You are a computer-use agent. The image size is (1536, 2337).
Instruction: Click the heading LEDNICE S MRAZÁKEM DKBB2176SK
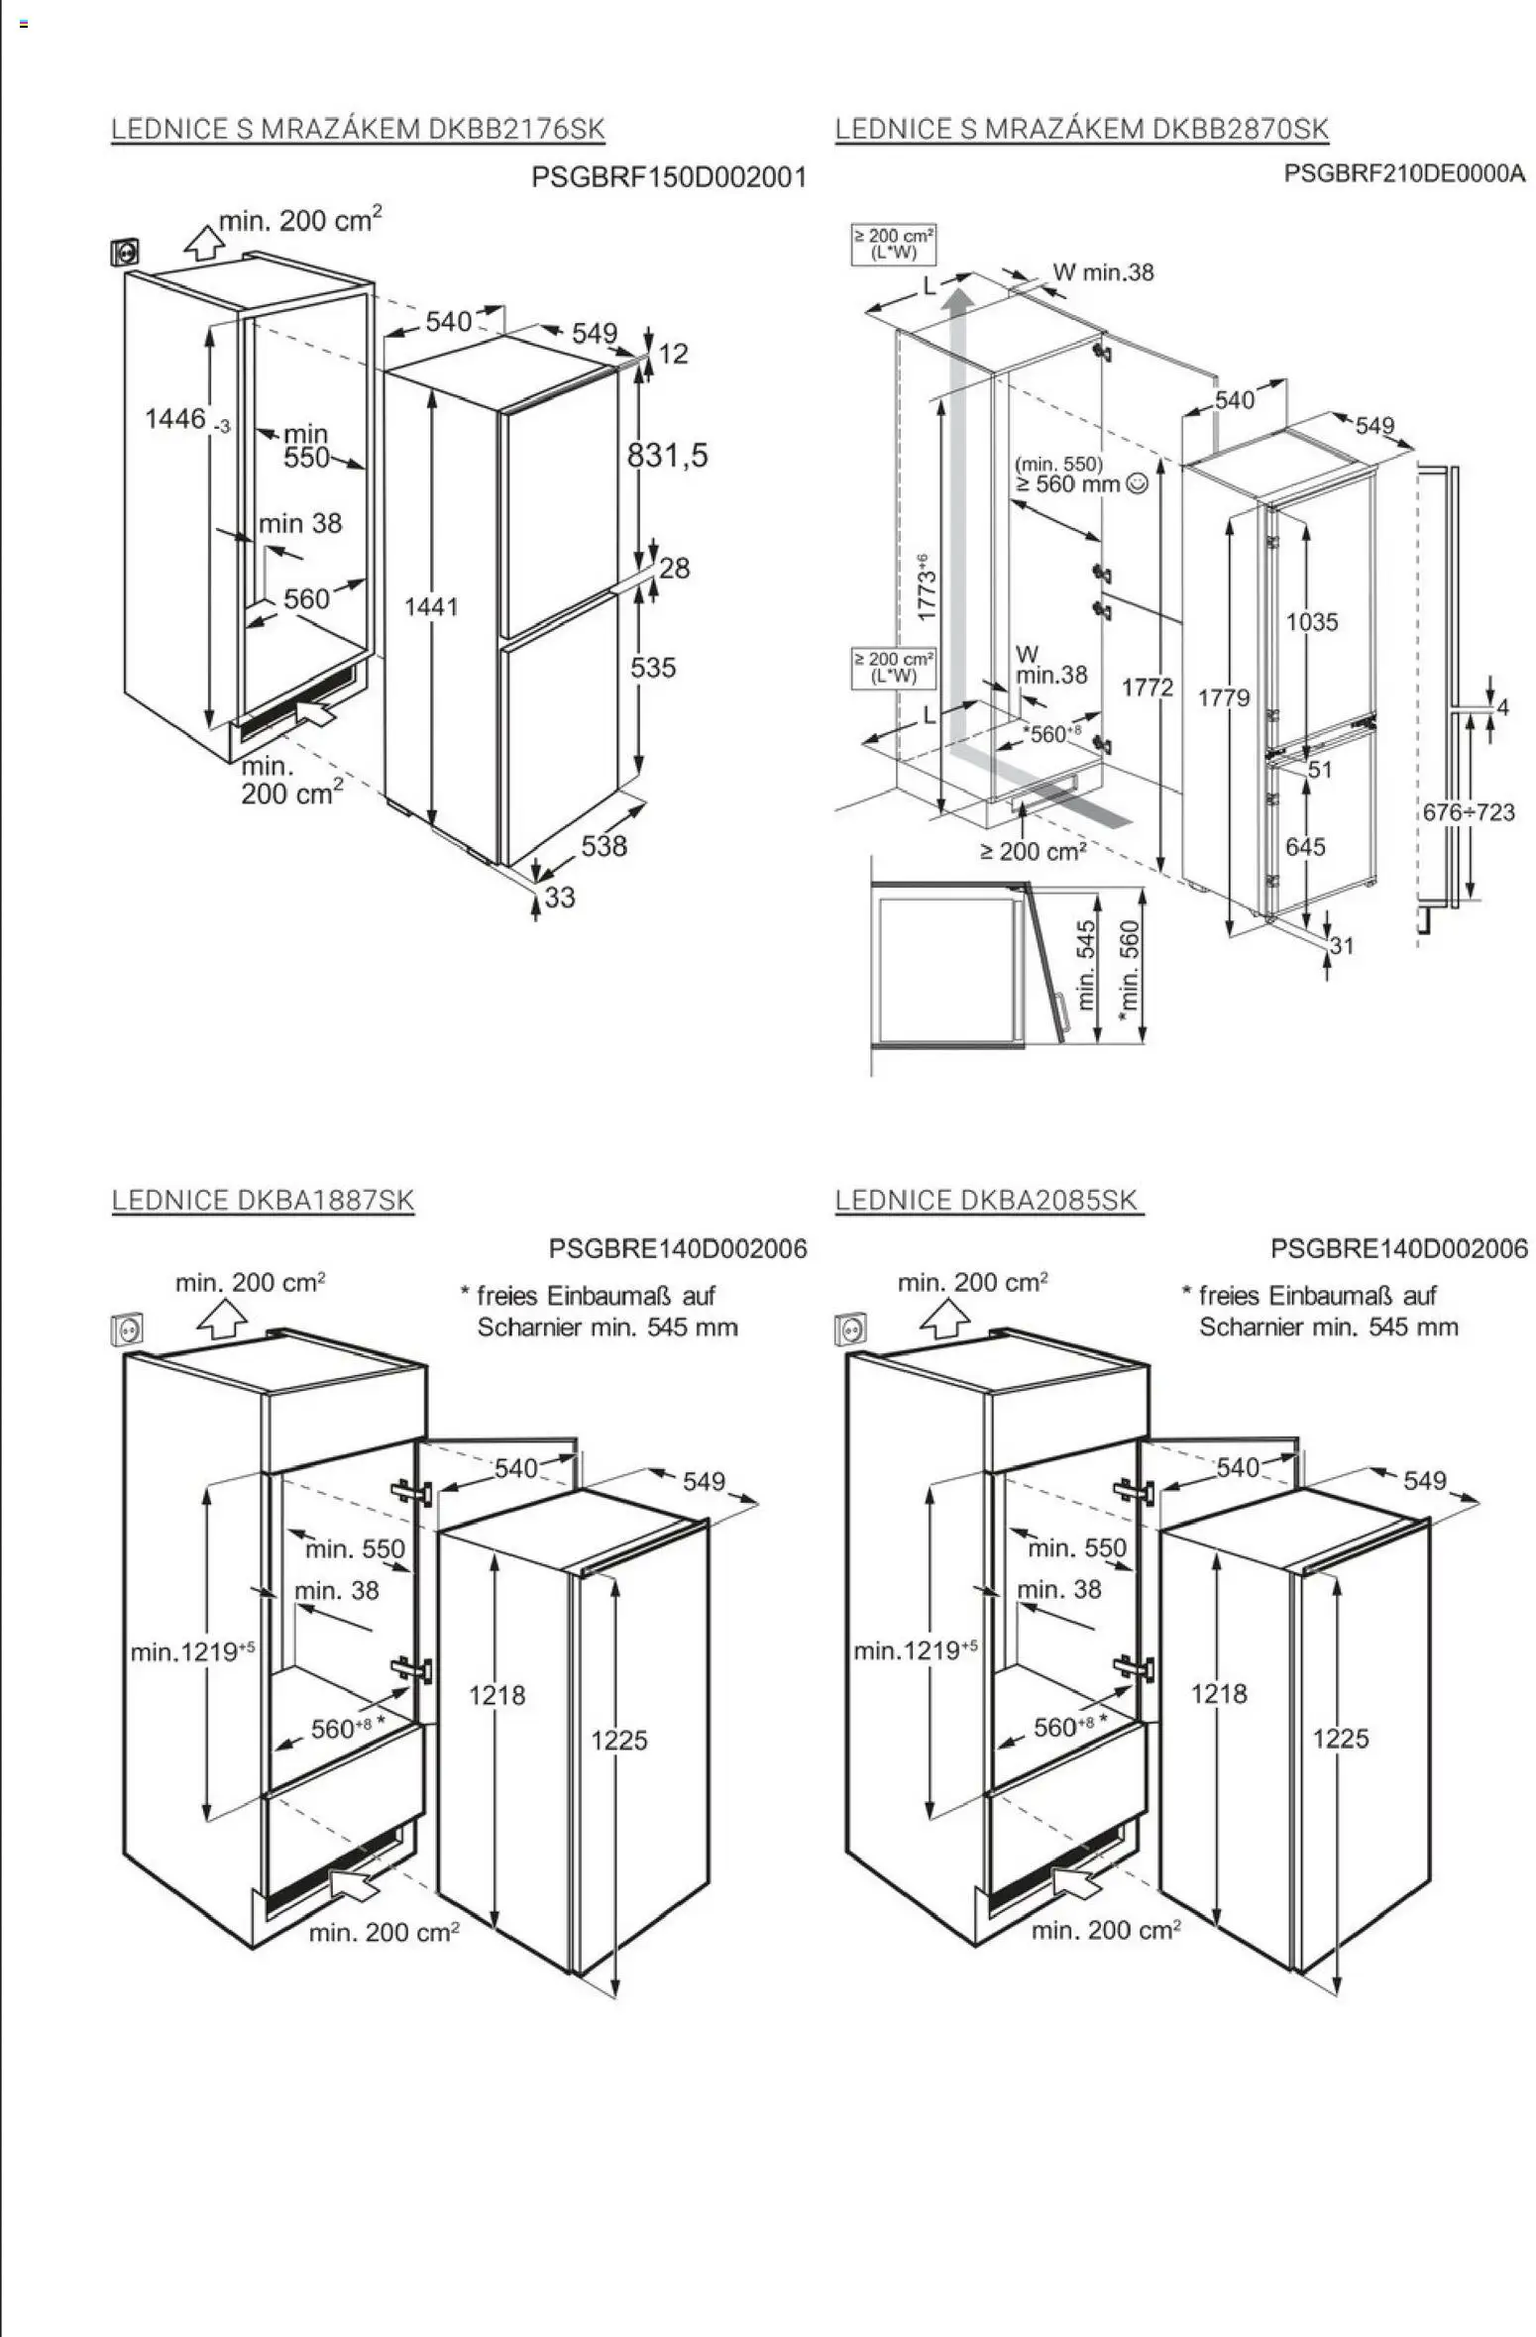[357, 129]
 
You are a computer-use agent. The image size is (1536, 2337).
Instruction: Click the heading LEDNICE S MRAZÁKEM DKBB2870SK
[1080, 129]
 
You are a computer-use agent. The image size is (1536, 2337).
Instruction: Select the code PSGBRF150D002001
[669, 177]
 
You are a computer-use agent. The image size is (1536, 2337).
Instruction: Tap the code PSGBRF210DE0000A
[1403, 173]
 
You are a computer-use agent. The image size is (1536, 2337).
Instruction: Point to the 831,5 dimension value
[667, 456]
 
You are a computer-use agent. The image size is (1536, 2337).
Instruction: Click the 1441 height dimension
[431, 606]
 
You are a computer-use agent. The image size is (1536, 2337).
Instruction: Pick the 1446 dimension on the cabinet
[176, 419]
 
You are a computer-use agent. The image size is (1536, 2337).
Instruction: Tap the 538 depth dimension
[603, 845]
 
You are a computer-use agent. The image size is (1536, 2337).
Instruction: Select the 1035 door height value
[1311, 622]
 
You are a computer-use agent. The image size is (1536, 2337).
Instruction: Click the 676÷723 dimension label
[1469, 812]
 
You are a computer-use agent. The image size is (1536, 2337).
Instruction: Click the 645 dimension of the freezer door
[1305, 846]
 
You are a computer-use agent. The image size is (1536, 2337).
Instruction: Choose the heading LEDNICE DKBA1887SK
[263, 1200]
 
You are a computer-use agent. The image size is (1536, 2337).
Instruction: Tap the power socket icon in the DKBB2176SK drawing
[125, 253]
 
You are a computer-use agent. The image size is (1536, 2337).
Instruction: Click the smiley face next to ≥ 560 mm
[1138, 483]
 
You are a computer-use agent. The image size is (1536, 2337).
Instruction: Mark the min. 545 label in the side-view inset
[1086, 965]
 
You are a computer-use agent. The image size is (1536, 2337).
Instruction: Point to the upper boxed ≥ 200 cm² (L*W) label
[894, 244]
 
